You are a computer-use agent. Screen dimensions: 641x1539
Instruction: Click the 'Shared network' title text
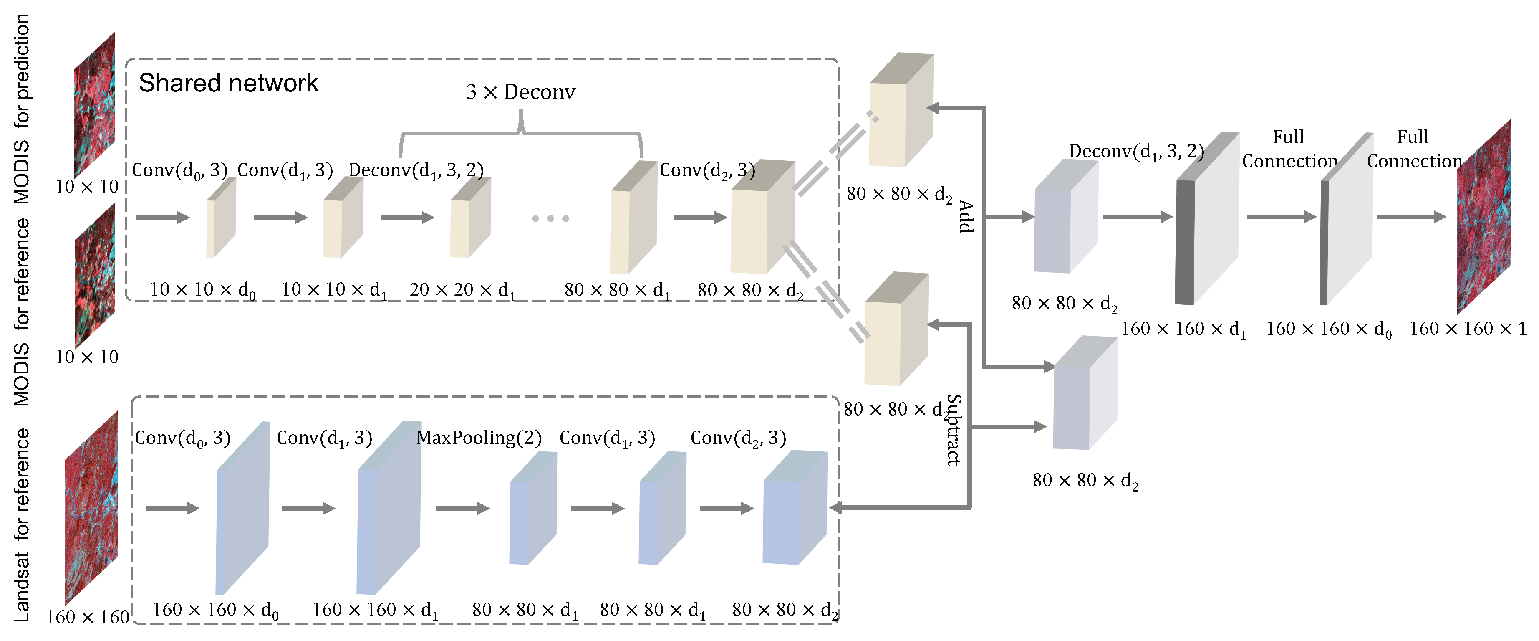click(228, 83)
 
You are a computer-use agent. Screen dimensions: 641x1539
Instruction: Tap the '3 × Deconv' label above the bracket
click(520, 92)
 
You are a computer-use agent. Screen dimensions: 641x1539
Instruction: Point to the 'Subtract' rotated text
click(954, 429)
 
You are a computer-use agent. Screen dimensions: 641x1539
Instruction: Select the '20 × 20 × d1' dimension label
click(461, 290)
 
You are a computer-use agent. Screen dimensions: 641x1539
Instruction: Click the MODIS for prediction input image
click(94, 105)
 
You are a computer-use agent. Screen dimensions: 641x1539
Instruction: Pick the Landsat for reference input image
click(91, 508)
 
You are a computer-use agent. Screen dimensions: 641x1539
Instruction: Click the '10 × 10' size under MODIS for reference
click(87, 357)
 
